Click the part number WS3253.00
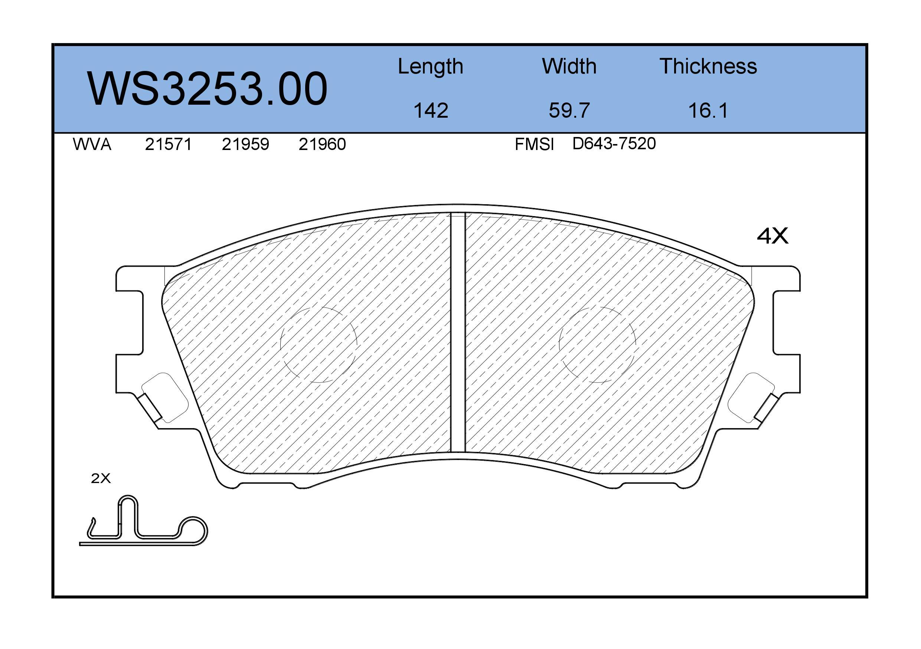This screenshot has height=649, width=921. click(207, 89)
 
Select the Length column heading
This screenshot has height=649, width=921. click(430, 66)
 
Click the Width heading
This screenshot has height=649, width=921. click(569, 66)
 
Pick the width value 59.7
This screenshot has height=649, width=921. click(569, 110)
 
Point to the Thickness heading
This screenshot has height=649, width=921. click(708, 66)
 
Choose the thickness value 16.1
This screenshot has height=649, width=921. click(708, 110)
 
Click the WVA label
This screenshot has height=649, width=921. click(92, 144)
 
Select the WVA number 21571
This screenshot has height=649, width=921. click(169, 144)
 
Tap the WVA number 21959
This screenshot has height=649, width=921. click(245, 144)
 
